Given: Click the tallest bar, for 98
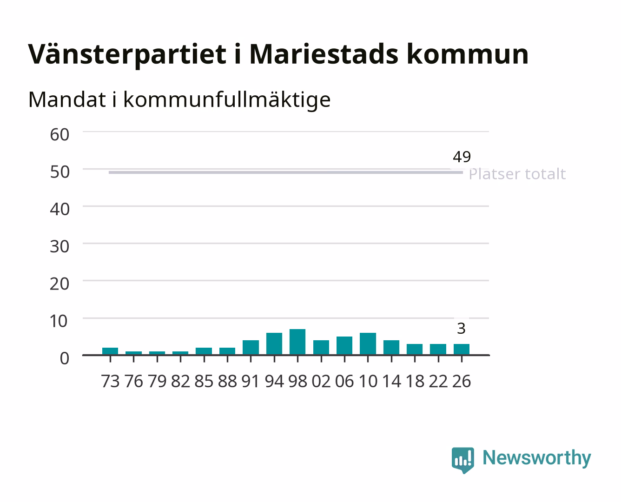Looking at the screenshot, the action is pyautogui.click(x=297, y=342).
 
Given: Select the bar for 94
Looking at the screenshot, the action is pyautogui.click(x=274, y=343).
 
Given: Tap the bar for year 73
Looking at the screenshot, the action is pyautogui.click(x=110, y=351).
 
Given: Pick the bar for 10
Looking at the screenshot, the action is pyautogui.click(x=368, y=343).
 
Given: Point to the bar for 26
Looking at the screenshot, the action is pyautogui.click(x=462, y=349).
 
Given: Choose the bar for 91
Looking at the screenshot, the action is pyautogui.click(x=251, y=348).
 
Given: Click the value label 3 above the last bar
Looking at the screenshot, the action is pyautogui.click(x=461, y=329).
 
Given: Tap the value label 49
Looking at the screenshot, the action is pyautogui.click(x=462, y=157).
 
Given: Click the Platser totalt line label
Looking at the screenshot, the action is pyautogui.click(x=517, y=174).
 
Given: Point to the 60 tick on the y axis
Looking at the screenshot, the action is pyautogui.click(x=59, y=135).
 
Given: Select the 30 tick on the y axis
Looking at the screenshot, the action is pyautogui.click(x=59, y=247).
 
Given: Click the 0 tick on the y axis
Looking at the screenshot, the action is pyautogui.click(x=65, y=358).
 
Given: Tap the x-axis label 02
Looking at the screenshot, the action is pyautogui.click(x=321, y=381).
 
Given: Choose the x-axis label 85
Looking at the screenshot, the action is pyautogui.click(x=204, y=381).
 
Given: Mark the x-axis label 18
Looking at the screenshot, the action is pyautogui.click(x=415, y=381).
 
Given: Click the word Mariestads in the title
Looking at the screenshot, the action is pyautogui.click(x=324, y=54).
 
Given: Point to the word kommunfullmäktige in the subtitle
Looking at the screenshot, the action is pyautogui.click(x=227, y=99).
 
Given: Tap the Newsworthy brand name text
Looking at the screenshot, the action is pyautogui.click(x=537, y=458).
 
